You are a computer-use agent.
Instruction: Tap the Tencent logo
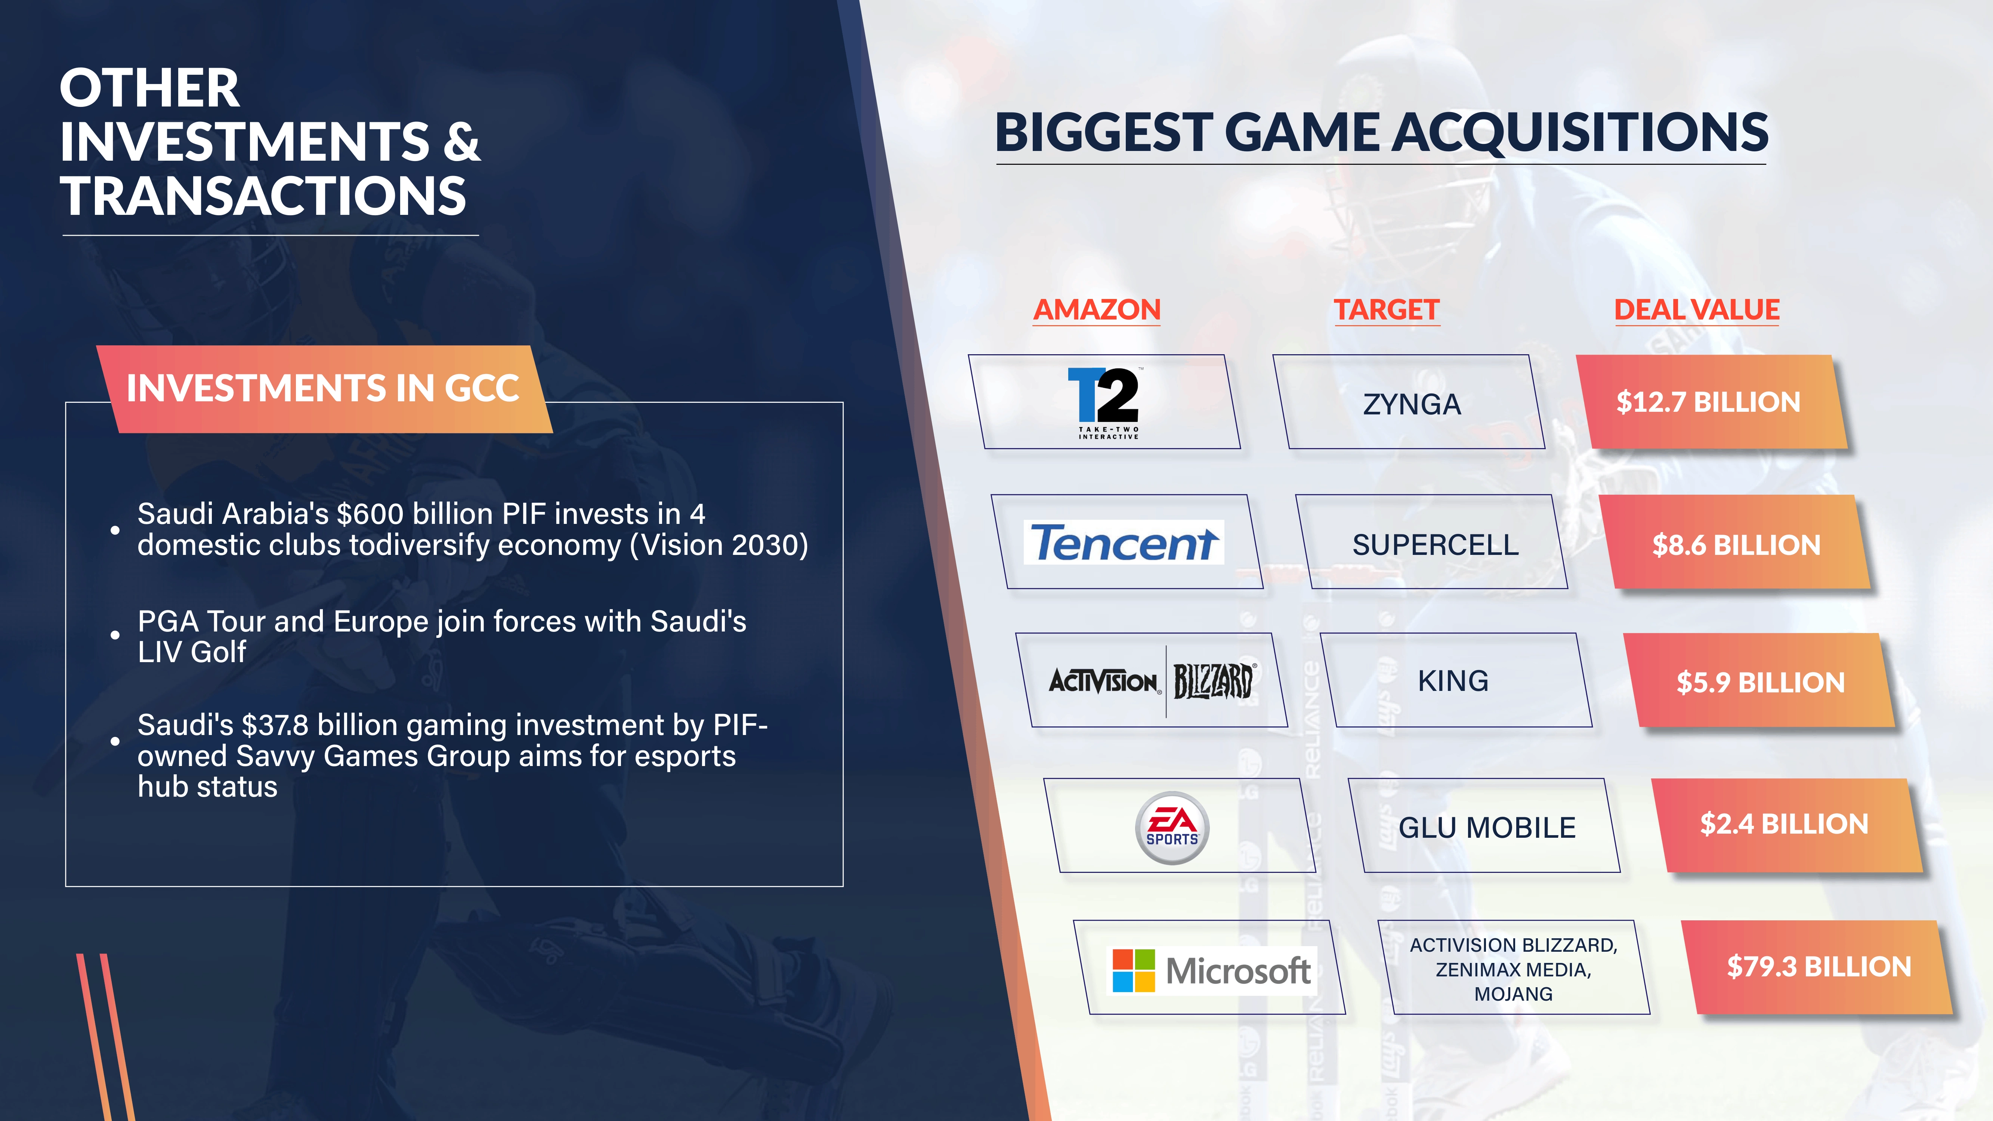click(x=1124, y=542)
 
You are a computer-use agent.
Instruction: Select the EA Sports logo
click(x=1172, y=827)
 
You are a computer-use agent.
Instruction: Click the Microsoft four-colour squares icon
click(x=1134, y=970)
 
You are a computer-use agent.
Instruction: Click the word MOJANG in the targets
click(x=1513, y=994)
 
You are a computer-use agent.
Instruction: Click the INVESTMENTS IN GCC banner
click(x=324, y=388)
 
